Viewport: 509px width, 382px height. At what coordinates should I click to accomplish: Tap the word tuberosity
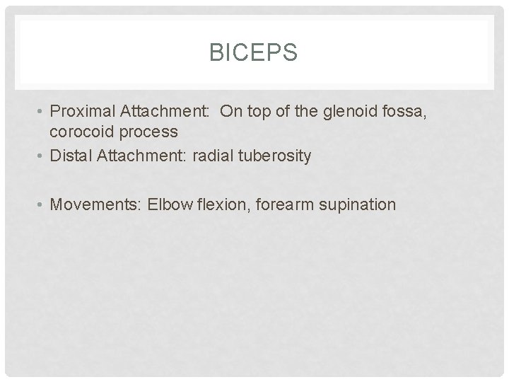(276, 156)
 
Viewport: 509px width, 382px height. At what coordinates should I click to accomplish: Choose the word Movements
(95, 205)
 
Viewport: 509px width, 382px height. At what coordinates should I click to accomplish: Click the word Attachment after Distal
(143, 156)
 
